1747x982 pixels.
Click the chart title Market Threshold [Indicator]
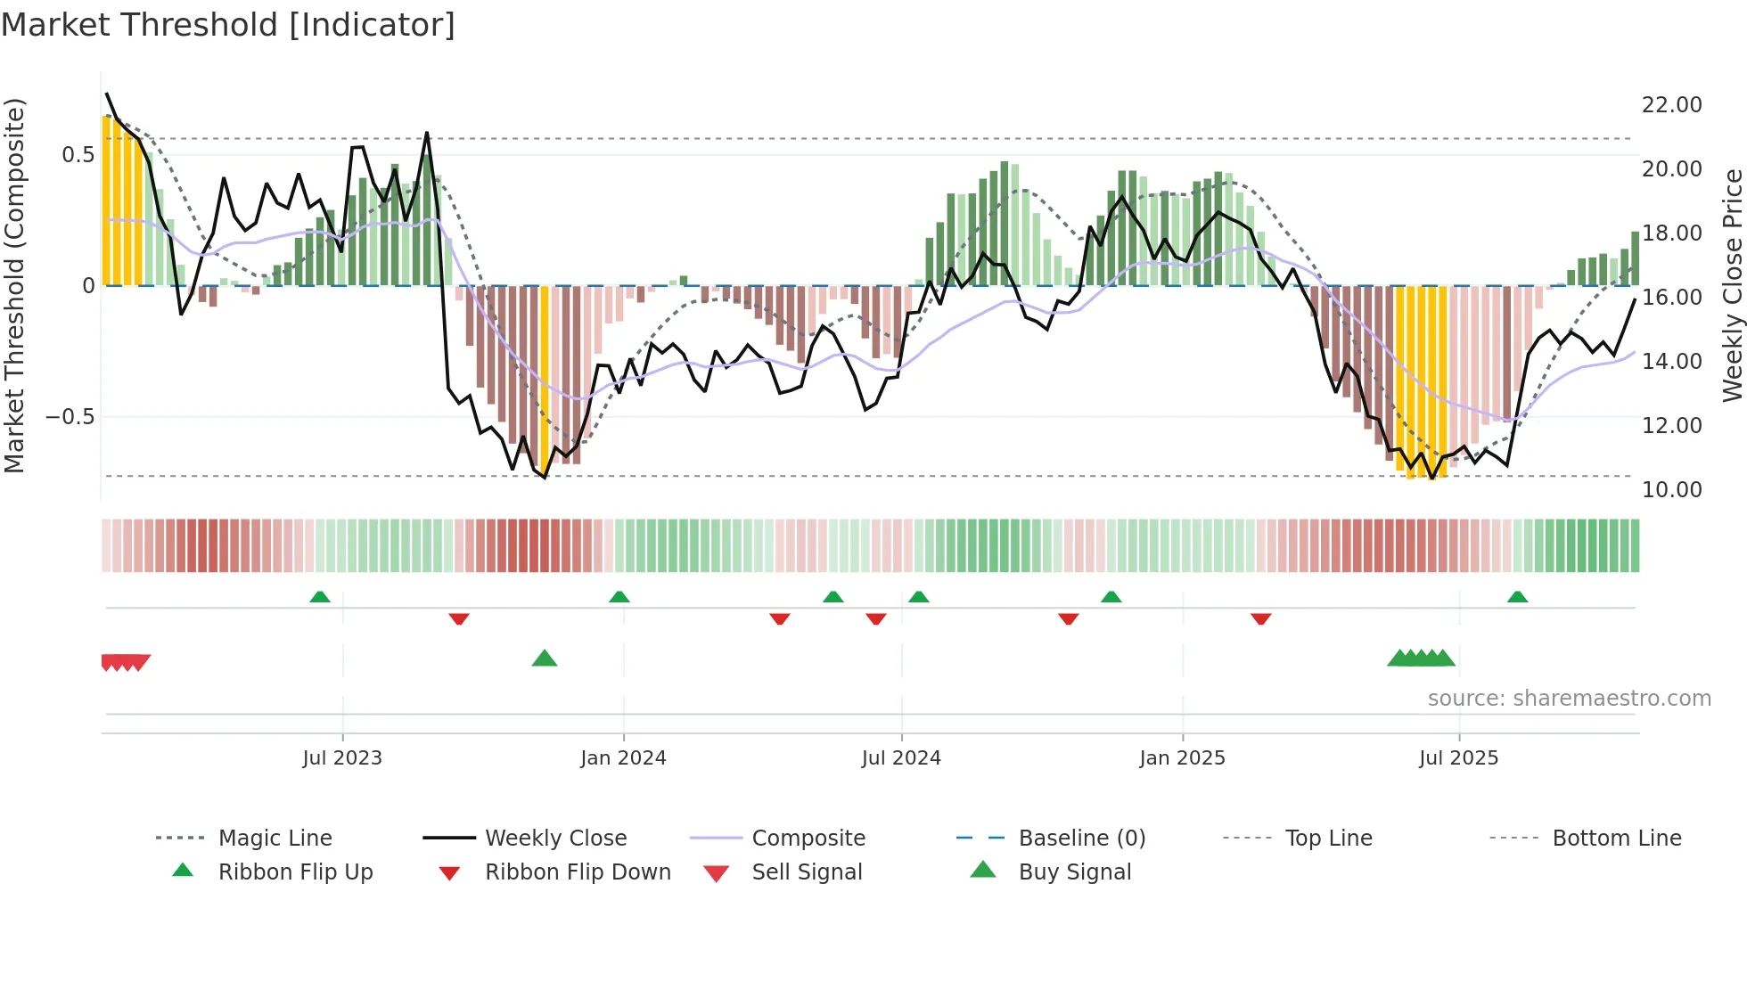click(228, 25)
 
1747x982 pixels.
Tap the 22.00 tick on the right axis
click(1671, 105)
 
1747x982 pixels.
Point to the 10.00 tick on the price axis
click(1671, 489)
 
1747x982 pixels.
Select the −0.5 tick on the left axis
click(70, 417)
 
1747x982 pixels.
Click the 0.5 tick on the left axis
click(78, 155)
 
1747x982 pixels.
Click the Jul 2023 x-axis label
click(342, 758)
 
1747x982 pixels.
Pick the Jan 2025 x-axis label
click(1182, 758)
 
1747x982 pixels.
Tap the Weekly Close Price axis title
click(1732, 285)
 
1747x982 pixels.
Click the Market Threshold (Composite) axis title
click(14, 285)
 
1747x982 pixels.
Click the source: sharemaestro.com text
click(1569, 699)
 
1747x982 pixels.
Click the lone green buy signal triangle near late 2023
click(545, 659)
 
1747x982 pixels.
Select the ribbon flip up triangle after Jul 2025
click(1517, 597)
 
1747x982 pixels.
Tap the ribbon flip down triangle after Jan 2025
click(1260, 618)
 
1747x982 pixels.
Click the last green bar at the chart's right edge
click(1635, 258)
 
